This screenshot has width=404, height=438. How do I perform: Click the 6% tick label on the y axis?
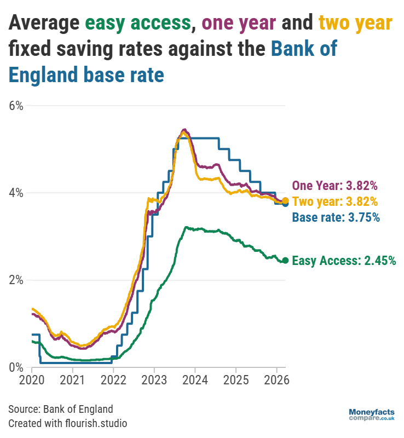(16, 106)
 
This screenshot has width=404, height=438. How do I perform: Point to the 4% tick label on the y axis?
(16, 193)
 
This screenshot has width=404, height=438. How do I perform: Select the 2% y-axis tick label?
(16, 280)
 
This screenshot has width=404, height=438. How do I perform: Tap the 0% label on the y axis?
(16, 367)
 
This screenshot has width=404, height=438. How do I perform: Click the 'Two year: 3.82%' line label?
(334, 201)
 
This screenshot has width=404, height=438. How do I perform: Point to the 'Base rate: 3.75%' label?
(336, 217)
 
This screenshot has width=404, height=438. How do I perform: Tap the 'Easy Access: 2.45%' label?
(344, 261)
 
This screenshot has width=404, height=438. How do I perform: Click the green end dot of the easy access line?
(285, 260)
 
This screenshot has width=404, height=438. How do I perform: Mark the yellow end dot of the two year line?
(285, 201)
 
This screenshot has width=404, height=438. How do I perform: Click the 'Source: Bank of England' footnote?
(61, 409)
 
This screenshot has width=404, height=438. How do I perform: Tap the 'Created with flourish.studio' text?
(68, 423)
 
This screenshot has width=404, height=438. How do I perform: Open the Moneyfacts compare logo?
(372, 414)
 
